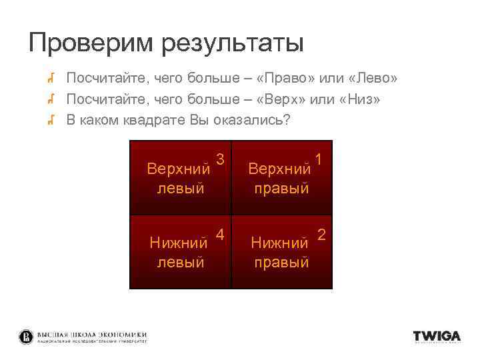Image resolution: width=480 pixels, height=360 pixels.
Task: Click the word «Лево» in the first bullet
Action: (372, 79)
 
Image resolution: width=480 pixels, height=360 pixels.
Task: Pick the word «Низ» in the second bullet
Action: (361, 99)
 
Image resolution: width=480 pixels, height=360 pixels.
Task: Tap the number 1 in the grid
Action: (319, 159)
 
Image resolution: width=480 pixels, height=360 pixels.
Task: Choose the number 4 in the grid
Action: (220, 234)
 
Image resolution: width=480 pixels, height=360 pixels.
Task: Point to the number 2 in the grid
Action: (321, 234)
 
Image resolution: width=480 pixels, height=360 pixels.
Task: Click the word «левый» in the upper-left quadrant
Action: (180, 188)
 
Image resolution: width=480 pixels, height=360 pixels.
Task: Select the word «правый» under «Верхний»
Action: (281, 188)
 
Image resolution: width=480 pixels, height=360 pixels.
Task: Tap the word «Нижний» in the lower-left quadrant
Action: (178, 241)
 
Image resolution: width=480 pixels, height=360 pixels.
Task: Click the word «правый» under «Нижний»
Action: (281, 262)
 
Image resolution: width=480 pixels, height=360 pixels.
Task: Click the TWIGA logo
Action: (437, 337)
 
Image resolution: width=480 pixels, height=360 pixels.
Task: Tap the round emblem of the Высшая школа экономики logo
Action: (26, 337)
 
